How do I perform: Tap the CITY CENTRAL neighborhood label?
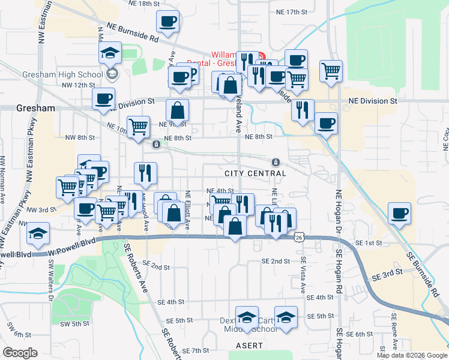[255, 173]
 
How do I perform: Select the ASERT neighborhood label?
[249, 346]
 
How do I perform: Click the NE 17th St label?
[292, 12]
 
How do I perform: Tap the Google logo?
[20, 353]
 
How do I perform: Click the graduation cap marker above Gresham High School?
[110, 53]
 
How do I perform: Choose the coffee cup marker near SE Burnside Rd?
[400, 213]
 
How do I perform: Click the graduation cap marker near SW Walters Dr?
[39, 233]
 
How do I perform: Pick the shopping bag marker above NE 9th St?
[178, 110]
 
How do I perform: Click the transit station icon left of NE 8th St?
[156, 144]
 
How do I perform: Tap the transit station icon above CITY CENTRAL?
[276, 162]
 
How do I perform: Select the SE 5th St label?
[320, 316]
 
